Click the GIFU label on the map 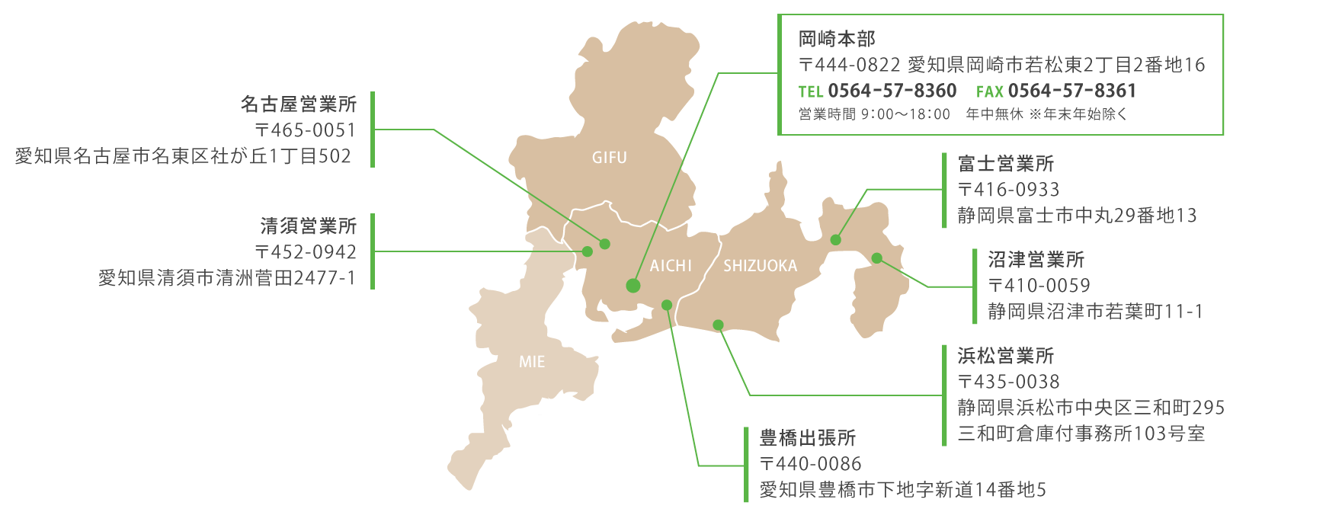click(609, 158)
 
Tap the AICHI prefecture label click(671, 266)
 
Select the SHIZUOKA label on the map click(760, 266)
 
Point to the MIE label click(532, 362)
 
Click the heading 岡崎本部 click(836, 39)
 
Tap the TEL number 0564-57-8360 click(892, 91)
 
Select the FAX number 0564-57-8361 click(1071, 91)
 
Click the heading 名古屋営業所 click(299, 104)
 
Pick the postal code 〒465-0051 click(305, 130)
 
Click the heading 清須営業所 click(309, 226)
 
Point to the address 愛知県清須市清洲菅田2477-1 click(227, 278)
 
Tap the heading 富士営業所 click(1006, 164)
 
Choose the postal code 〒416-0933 click(1008, 190)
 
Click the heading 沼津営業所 click(1036, 260)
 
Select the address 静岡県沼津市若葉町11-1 click(1095, 312)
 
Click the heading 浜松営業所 click(1006, 356)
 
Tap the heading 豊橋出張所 click(808, 438)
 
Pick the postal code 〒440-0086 click(810, 464)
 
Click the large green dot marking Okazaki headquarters click(633, 286)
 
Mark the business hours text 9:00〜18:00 click(905, 114)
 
